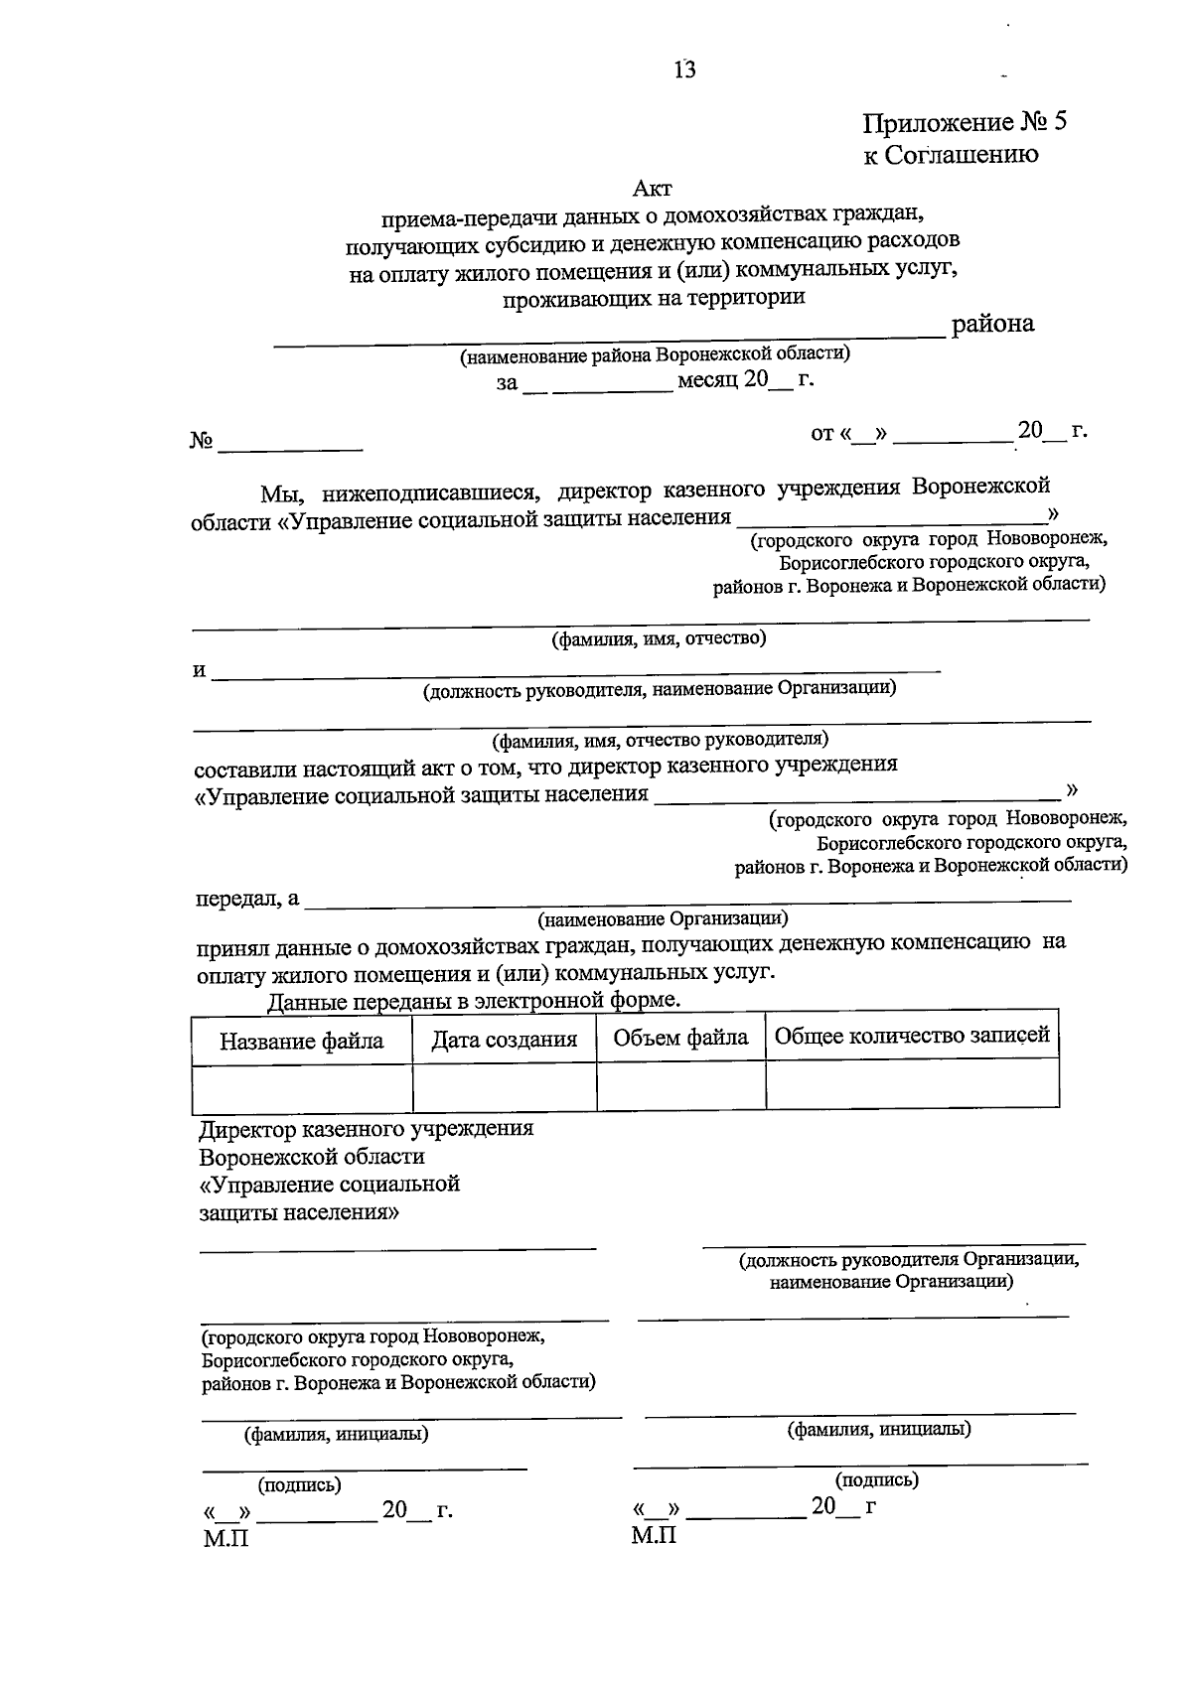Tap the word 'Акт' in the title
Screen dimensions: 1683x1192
click(x=653, y=187)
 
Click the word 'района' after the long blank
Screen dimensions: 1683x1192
click(x=992, y=324)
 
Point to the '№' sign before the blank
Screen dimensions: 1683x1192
click(x=202, y=441)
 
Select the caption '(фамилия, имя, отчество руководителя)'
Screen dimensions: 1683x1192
click(x=660, y=740)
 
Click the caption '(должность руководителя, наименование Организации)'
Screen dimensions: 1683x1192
click(x=659, y=688)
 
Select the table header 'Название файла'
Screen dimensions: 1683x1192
click(x=301, y=1041)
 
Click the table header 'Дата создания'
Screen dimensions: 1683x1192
click(x=504, y=1040)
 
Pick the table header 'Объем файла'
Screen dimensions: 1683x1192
click(x=680, y=1038)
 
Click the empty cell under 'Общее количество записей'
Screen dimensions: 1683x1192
click(x=911, y=1084)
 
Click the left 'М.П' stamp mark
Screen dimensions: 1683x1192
click(x=224, y=1538)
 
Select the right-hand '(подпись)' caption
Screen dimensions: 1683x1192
click(x=877, y=1479)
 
